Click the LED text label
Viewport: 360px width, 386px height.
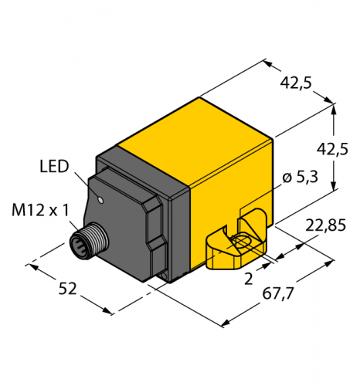[x=54, y=166]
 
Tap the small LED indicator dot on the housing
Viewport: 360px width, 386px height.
[x=101, y=200]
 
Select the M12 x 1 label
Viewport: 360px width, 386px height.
[x=41, y=210]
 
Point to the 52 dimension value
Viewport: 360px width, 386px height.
[x=68, y=289]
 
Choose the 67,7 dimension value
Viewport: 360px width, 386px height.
[x=278, y=293]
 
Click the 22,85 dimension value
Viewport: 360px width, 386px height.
[x=325, y=225]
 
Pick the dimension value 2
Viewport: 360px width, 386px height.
[x=249, y=279]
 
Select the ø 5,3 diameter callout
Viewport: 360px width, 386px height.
[x=300, y=178]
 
